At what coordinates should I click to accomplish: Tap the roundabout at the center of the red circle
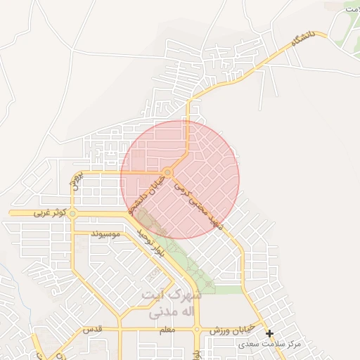click(x=168, y=172)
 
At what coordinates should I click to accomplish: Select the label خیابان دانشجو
click(x=147, y=194)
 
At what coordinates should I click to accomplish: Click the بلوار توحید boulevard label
click(x=151, y=242)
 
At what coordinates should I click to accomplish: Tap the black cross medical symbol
click(x=269, y=333)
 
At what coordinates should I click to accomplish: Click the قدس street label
click(x=94, y=330)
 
